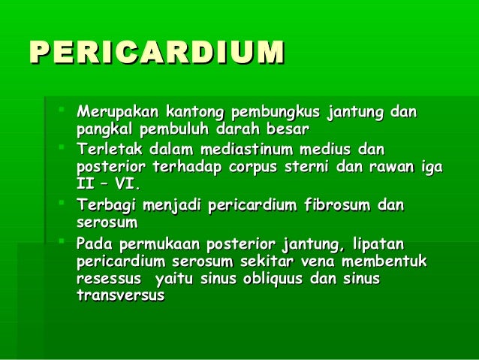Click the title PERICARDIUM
coord(157,52)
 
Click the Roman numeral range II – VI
coord(108,184)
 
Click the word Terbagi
coord(105,204)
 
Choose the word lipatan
coord(378,244)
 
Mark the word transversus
coord(120,296)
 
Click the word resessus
coord(107,279)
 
